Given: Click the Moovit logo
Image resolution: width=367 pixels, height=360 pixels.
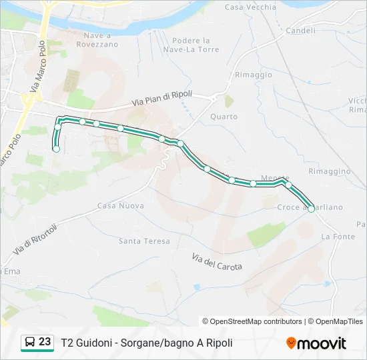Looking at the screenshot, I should point(316,343).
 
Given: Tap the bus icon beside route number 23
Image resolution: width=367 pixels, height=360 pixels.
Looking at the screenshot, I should point(29,343).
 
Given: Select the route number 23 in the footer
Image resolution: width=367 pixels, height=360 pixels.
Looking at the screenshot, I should point(45,342).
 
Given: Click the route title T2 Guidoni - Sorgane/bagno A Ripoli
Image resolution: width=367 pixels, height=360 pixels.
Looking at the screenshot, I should point(147,343).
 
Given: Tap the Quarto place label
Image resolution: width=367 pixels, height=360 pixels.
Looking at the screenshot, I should point(224,117).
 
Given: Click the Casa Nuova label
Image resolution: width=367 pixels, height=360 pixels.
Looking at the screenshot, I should point(120,205).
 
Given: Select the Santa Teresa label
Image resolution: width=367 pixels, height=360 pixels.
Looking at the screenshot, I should point(144,241).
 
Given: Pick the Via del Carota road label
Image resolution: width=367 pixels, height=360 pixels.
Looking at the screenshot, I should point(216,262).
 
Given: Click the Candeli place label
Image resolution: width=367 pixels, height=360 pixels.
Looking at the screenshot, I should point(300,31).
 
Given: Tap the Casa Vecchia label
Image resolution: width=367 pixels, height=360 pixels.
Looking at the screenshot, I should point(250,7).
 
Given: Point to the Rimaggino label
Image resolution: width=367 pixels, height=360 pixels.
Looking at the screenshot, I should point(330,171).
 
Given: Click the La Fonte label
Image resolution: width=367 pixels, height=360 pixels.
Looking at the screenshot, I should point(338,237).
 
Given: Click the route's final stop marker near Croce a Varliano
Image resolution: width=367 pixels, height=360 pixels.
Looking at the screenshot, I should point(311,209).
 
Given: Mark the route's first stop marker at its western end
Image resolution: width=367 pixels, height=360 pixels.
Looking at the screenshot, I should point(56,149).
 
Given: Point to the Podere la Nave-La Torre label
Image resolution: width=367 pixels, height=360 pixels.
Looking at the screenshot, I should point(191,45).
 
